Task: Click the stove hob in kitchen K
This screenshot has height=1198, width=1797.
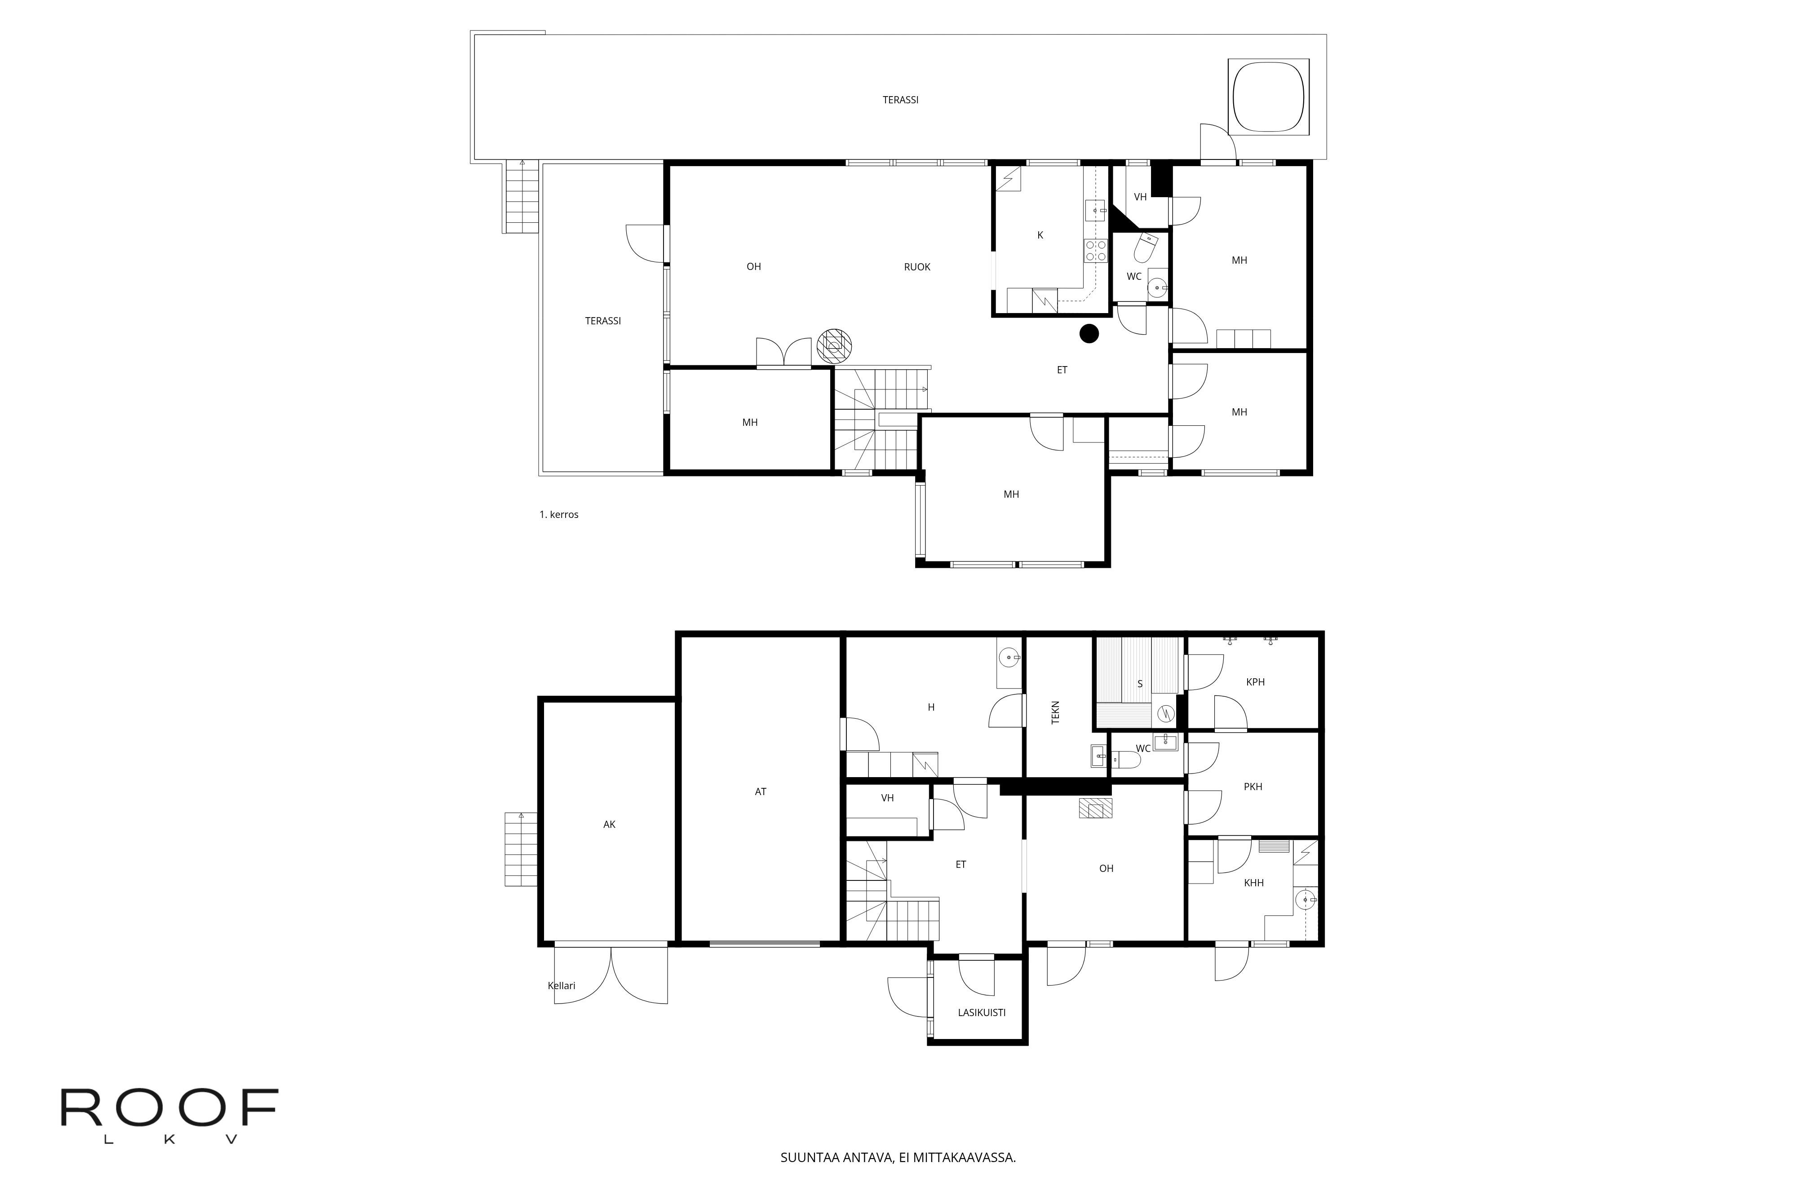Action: coord(1096,251)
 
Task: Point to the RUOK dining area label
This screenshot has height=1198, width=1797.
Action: coord(917,267)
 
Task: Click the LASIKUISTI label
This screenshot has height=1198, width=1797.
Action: coord(982,1012)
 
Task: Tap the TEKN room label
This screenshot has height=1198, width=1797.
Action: coord(1056,713)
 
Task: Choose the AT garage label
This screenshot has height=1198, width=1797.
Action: coord(760,791)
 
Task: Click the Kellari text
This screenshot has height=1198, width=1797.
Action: coord(562,986)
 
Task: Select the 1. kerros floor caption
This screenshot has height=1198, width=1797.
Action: coord(558,514)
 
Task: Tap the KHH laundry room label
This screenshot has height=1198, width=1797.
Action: coord(1254,883)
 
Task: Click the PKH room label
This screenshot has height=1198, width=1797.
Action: coord(1253,786)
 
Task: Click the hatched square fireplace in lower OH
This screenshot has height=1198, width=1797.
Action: coord(1095,809)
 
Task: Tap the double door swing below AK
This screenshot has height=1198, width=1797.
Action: coord(611,974)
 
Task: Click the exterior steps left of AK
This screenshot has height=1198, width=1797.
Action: coord(521,849)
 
